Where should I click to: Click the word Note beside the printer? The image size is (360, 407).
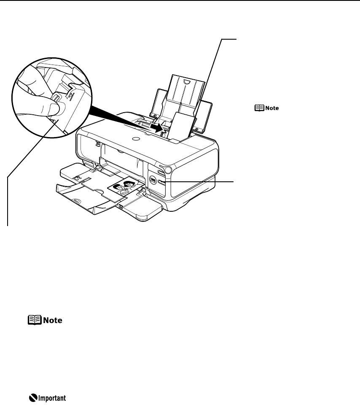272,108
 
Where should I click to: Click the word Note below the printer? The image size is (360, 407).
52,321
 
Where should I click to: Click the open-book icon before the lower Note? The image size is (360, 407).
33,321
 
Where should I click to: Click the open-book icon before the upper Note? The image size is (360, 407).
257,108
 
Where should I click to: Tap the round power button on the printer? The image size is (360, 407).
169,170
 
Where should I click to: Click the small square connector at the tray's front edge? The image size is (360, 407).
121,207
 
